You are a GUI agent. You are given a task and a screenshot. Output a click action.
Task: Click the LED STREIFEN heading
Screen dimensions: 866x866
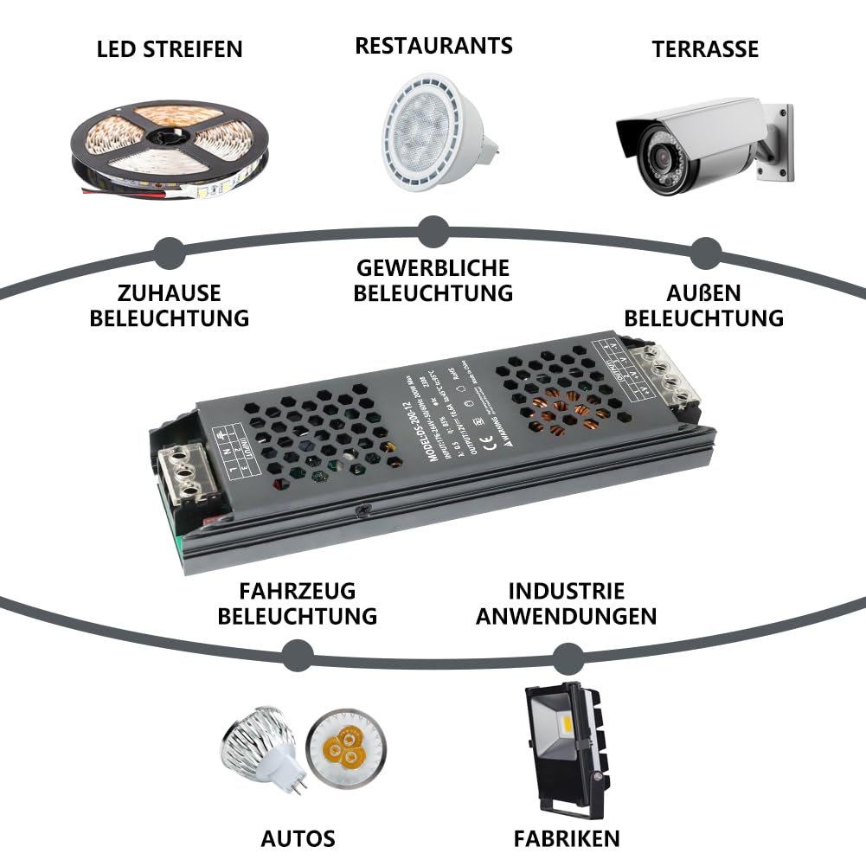coord(170,49)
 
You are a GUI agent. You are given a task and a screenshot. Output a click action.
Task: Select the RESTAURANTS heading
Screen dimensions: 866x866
coord(433,45)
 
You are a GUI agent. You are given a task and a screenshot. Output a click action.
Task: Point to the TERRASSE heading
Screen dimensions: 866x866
coord(705,49)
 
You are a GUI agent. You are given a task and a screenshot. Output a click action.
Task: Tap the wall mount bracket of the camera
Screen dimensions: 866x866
coord(777,143)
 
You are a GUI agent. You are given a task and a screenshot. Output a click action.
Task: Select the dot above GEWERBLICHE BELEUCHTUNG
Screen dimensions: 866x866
coord(433,232)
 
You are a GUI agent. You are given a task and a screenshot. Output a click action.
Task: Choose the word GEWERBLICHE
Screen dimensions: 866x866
coord(433,267)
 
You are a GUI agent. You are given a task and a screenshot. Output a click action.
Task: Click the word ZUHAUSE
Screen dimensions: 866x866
coord(170,292)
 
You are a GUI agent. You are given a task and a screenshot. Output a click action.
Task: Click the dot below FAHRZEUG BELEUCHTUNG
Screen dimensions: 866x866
coord(297,655)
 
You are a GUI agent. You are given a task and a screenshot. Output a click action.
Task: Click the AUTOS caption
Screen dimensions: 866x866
coord(298,838)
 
